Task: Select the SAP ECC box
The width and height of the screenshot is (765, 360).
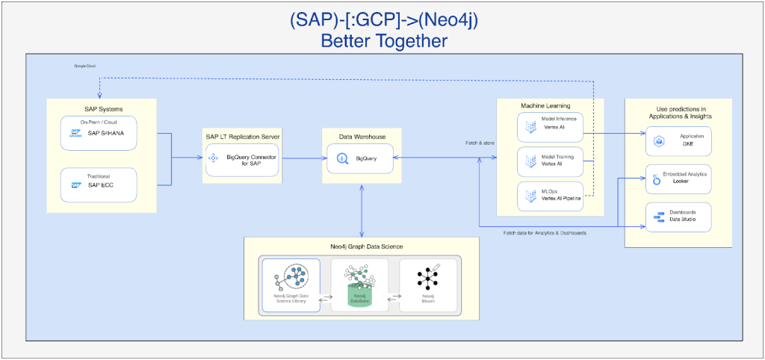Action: click(x=99, y=183)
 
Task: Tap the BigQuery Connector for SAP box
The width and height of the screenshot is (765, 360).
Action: click(x=241, y=158)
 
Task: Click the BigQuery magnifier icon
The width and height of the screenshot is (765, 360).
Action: click(x=343, y=158)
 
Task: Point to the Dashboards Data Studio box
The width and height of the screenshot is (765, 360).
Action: click(x=678, y=216)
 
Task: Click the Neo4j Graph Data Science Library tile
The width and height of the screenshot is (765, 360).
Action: click(x=291, y=286)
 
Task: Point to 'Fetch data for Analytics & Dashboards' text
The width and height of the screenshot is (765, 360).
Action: click(x=545, y=233)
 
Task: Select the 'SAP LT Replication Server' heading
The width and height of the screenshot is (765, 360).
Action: click(x=241, y=137)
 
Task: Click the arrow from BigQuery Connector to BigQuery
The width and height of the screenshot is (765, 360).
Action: click(x=301, y=158)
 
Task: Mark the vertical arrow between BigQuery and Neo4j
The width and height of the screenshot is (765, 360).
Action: click(x=362, y=210)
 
